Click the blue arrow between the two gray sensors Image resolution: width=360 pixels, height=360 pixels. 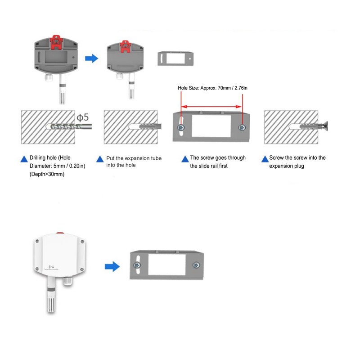click(x=92, y=58)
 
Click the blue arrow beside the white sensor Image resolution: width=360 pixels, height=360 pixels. click(x=112, y=266)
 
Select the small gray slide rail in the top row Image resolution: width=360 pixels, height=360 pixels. click(x=177, y=58)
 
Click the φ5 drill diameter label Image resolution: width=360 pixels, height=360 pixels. click(x=82, y=118)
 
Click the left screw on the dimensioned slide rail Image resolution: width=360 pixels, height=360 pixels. click(x=181, y=128)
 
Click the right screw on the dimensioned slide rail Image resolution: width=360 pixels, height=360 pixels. click(x=243, y=128)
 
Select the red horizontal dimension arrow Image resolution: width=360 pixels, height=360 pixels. click(x=211, y=108)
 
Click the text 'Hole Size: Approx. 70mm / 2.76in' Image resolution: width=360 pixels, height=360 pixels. click(x=212, y=88)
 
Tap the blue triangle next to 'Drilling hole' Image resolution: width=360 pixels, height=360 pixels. click(x=24, y=159)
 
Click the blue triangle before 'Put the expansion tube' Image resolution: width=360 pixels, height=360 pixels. click(x=100, y=159)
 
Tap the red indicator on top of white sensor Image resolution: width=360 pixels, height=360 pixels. click(x=59, y=233)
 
